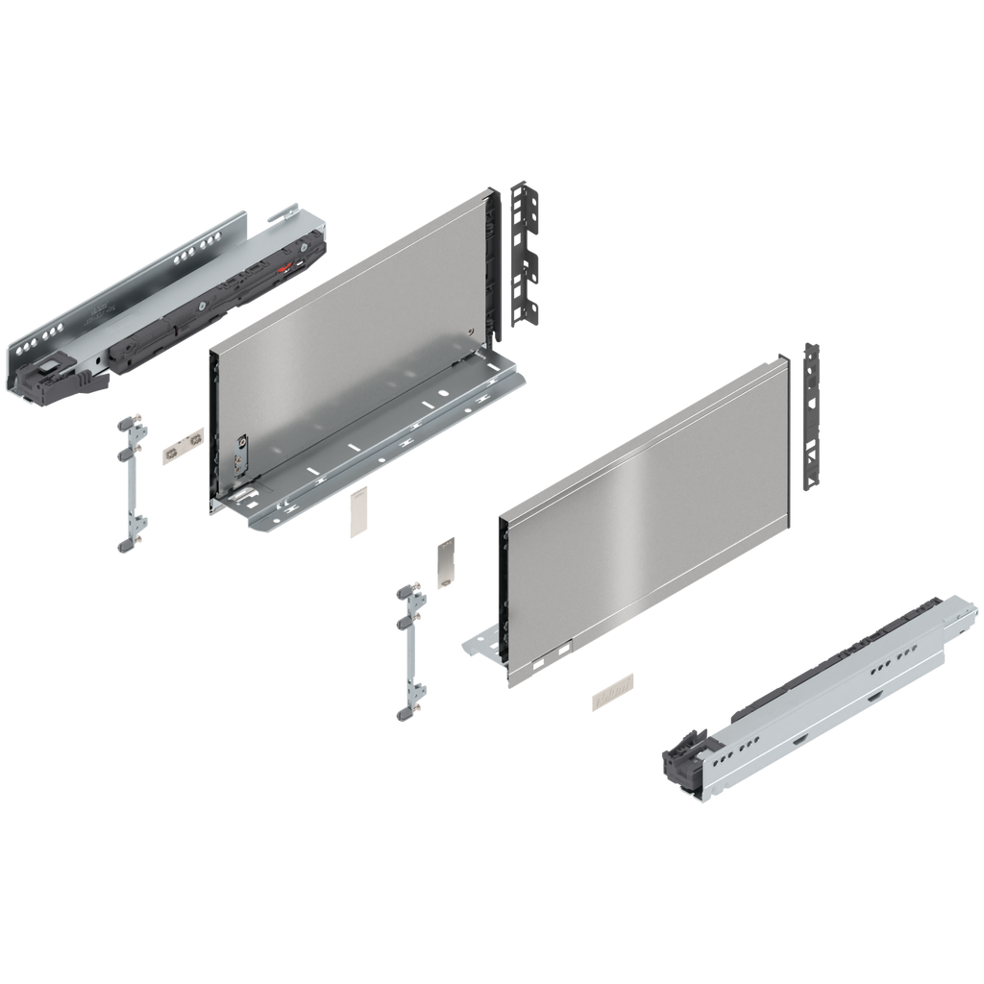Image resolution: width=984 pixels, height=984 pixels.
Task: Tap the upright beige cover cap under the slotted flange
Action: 357,508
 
